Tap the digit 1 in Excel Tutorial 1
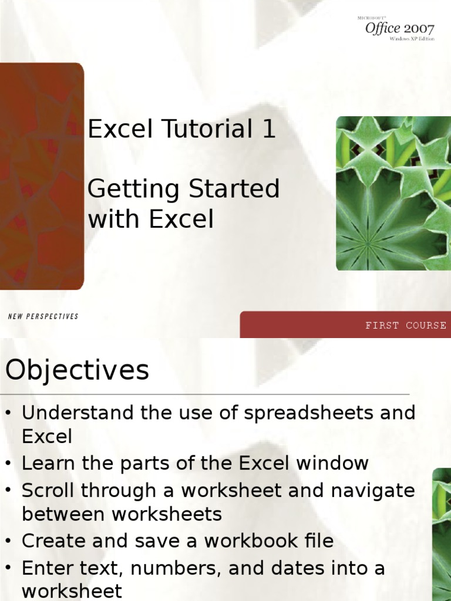[268, 129]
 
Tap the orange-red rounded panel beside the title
[41, 176]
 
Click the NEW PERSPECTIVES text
[43, 316]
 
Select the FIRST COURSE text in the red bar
[406, 325]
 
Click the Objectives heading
[78, 371]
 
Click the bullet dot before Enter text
[8, 568]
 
